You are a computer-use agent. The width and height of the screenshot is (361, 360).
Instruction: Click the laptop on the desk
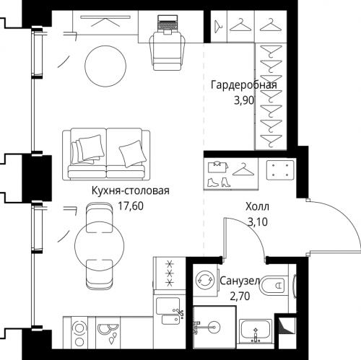[168, 25]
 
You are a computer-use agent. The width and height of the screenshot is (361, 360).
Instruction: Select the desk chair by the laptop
[168, 52]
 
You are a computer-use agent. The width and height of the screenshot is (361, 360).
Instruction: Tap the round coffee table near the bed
[105, 66]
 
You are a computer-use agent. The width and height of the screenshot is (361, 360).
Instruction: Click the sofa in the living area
[106, 154]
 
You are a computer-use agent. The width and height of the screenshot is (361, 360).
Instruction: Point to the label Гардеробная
[244, 85]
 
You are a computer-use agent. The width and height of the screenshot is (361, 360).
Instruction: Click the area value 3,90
[244, 101]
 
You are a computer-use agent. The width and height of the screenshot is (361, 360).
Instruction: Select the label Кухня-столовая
[131, 190]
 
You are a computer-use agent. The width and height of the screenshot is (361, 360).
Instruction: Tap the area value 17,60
[131, 206]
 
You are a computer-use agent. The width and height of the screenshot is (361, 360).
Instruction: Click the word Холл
[257, 207]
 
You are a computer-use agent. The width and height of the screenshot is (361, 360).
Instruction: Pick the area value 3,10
[258, 222]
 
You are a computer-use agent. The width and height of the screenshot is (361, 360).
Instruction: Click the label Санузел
[240, 281]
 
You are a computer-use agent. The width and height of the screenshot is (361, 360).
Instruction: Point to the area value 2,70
[240, 297]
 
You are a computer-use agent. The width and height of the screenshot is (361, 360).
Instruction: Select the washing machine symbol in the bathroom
[205, 280]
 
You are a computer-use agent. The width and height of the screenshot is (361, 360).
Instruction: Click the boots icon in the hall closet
[219, 182]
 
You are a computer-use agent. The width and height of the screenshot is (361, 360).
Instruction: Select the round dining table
[100, 245]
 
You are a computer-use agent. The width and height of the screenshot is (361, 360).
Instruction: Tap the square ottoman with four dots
[280, 170]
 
